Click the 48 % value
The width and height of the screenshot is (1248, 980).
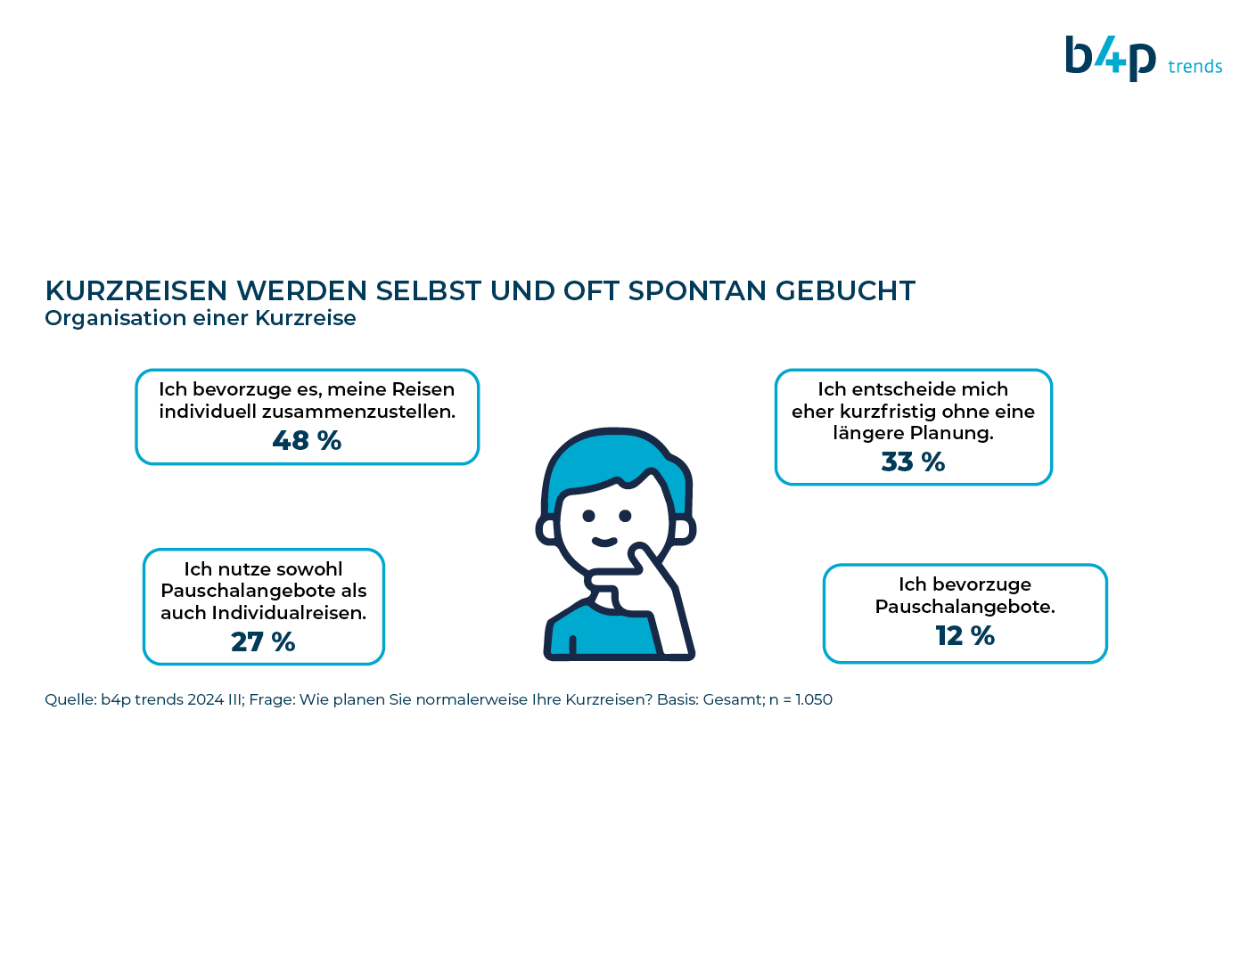pos(307,441)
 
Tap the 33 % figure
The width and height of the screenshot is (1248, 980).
pos(913,461)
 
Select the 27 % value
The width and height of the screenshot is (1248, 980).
pos(263,641)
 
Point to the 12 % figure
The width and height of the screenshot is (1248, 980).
pos(965,636)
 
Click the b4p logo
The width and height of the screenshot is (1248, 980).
pos(1110,58)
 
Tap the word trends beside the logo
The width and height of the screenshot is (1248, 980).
pos(1195,67)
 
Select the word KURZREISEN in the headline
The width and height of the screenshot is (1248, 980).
pos(136,291)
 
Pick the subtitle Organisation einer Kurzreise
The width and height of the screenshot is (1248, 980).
pos(201,318)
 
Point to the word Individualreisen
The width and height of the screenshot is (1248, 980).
pos(289,613)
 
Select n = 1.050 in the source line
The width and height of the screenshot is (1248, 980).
pos(801,699)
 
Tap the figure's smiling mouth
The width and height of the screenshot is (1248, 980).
pos(604,542)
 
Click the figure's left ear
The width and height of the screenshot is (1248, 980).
pos(546,531)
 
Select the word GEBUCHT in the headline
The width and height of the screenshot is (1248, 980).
pos(845,291)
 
